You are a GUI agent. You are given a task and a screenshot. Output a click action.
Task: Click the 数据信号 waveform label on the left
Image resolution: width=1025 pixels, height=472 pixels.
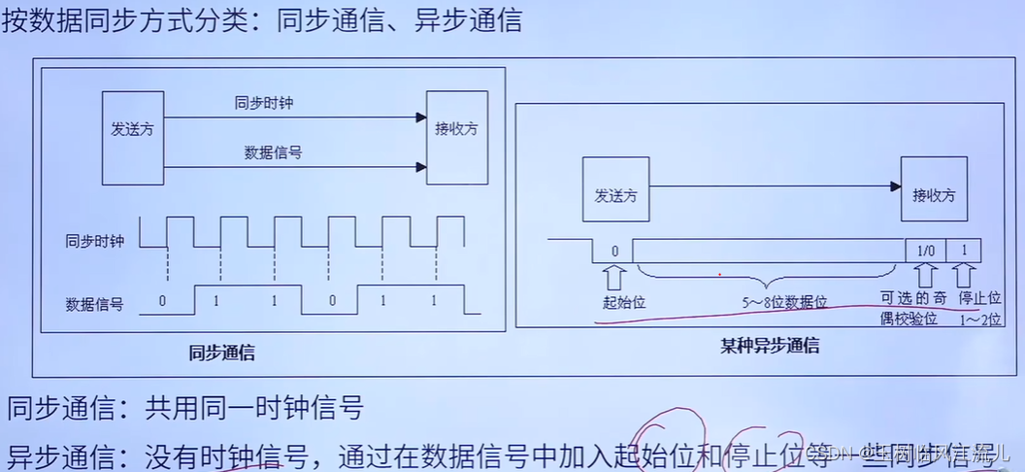pos(94,303)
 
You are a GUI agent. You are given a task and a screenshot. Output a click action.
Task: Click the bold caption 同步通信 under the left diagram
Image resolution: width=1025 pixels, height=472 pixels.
pos(221,352)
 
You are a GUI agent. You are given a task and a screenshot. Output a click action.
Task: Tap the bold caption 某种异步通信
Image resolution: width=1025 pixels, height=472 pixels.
pos(770,345)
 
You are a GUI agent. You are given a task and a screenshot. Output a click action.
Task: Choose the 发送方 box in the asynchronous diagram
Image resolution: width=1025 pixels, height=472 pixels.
pos(614,194)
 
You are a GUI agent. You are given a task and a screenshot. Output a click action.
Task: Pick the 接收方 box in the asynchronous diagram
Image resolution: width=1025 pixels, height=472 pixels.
pos(934,194)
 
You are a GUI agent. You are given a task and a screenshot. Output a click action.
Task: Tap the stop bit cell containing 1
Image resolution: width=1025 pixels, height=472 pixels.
pos(964,251)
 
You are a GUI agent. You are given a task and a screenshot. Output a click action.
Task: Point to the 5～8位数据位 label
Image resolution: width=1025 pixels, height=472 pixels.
pos(786,302)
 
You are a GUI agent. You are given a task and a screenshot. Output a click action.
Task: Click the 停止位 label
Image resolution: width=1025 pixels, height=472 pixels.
pos(978,297)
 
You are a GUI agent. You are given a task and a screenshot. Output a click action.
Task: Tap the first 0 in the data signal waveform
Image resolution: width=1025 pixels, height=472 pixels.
pos(162,301)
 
